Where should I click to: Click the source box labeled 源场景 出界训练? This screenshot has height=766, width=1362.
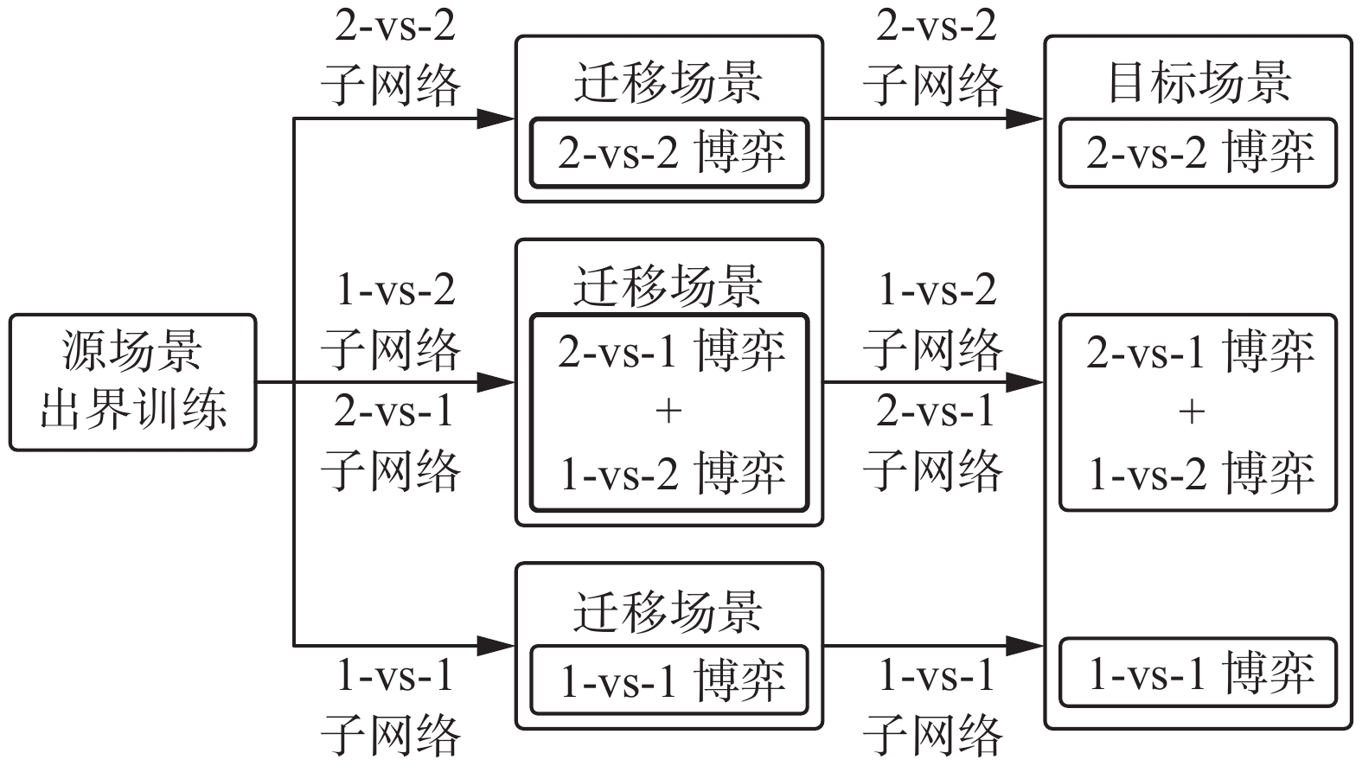(132, 382)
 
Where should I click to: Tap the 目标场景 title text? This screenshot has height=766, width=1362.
(1199, 82)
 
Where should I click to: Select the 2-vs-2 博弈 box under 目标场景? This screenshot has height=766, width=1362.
(1199, 153)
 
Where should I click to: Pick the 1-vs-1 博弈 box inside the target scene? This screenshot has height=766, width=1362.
(1199, 673)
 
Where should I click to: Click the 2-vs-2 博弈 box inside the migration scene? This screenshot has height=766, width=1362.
(669, 153)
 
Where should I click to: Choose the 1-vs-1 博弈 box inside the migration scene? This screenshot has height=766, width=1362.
(669, 680)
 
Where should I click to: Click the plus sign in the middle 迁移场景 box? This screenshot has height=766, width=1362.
(668, 411)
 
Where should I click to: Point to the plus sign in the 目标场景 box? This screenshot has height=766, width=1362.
(1192, 411)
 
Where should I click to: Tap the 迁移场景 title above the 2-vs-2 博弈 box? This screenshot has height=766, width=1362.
(668, 82)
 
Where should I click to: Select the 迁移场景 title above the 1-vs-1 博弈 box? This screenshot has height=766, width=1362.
(668, 611)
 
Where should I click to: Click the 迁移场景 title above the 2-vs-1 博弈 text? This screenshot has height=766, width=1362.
(668, 286)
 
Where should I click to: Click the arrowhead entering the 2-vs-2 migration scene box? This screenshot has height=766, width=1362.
(497, 118)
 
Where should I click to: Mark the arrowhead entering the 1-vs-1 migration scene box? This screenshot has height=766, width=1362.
(497, 645)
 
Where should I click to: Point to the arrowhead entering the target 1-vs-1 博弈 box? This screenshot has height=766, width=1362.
(1026, 645)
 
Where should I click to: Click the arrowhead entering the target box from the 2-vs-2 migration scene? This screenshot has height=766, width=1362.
(1026, 118)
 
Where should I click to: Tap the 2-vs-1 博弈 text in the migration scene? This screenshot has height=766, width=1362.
(670, 351)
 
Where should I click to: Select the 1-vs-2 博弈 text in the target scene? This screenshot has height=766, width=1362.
(1200, 473)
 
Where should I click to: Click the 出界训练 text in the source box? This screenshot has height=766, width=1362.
(132, 409)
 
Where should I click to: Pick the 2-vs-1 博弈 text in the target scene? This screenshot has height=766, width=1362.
(1200, 351)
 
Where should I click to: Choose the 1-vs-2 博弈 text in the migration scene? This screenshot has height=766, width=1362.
(670, 473)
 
